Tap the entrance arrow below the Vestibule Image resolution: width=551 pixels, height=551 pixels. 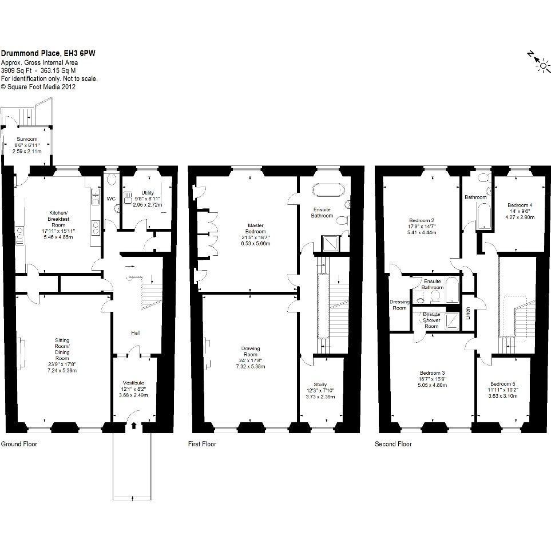pos(134,426)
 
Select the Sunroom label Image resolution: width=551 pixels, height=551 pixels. pos(27,139)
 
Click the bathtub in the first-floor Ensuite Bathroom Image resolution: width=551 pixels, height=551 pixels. pos(327,190)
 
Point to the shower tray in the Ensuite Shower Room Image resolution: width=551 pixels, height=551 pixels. pos(452,321)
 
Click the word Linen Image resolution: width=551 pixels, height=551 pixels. pos(467,314)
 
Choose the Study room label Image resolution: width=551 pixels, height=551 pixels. pos(320,384)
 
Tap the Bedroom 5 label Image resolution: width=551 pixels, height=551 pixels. pos(503,384)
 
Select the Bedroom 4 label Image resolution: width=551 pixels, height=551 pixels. pos(520,205)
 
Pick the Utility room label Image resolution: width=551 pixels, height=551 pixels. pos(148,193)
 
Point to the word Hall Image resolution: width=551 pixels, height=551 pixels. pos(136,333)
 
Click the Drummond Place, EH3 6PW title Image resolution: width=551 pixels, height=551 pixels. pos(48,53)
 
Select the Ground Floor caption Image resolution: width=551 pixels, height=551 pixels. pos(19,444)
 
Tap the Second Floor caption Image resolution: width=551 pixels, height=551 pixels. pos(393,444)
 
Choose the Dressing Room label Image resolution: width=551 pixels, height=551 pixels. pos(399,305)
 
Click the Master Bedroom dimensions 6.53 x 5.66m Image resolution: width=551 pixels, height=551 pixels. pos(255,244)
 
